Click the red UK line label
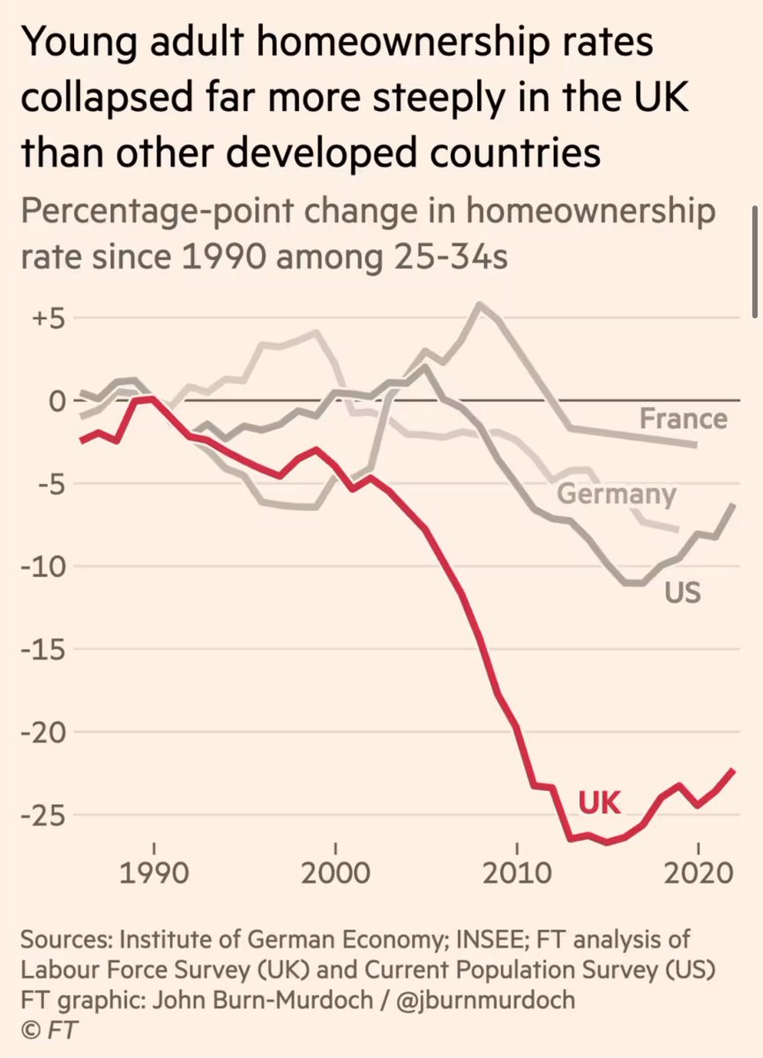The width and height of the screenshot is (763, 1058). tap(600, 802)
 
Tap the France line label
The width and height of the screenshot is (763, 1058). tap(684, 418)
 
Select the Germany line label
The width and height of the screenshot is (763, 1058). tap(616, 494)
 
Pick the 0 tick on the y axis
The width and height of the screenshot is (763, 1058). tap(56, 401)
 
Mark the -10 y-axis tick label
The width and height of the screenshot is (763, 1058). tap(42, 567)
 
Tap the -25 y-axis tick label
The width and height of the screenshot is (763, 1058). tap(42, 816)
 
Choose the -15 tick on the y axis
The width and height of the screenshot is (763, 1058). tap(42, 650)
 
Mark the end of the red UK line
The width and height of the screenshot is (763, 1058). tap(734, 770)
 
